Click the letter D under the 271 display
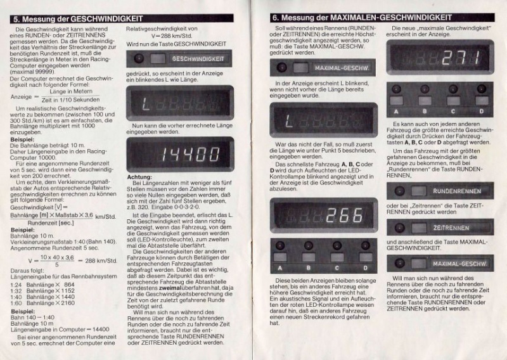481,112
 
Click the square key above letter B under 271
425,101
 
